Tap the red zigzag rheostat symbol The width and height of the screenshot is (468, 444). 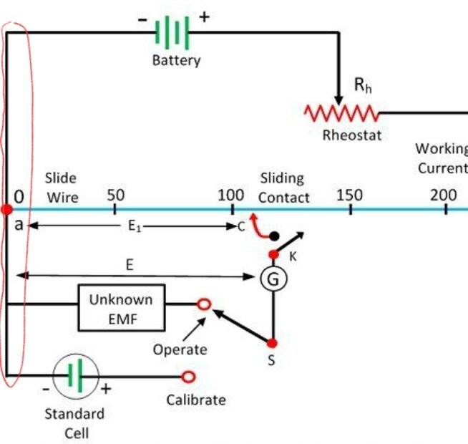tap(341, 113)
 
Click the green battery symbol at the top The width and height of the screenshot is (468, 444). tap(172, 32)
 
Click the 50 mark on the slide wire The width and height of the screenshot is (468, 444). tap(115, 209)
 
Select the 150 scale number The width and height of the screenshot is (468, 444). tap(349, 196)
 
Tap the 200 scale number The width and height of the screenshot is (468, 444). tap(444, 196)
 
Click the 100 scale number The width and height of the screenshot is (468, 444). tap(231, 196)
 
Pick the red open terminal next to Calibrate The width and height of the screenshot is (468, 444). tap(188, 377)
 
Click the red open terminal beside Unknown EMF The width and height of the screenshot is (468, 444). tap(204, 304)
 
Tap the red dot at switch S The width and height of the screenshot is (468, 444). tap(272, 343)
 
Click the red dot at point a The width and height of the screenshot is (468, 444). tap(6, 209)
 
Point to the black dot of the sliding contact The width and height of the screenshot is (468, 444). tap(274, 236)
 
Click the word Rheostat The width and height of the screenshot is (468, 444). tap(352, 135)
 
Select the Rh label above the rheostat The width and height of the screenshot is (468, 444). tap(363, 85)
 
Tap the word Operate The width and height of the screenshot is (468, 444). tap(180, 349)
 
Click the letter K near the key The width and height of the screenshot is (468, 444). tap(293, 256)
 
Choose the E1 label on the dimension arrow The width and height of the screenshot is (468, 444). tap(134, 226)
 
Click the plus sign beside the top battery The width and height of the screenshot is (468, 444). tap(205, 17)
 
